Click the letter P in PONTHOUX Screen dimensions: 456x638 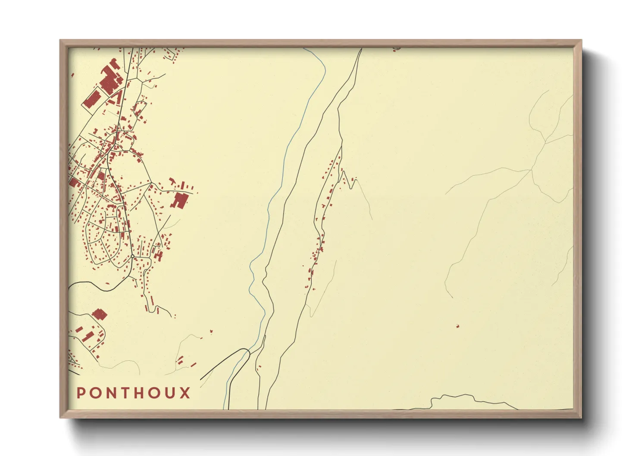[x=81, y=393]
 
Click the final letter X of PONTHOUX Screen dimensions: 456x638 [x=185, y=393]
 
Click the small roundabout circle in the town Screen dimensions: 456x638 [x=133, y=257]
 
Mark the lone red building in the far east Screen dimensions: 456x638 [x=457, y=326]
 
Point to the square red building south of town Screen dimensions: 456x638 [x=100, y=314]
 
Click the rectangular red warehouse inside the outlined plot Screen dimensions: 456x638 [x=92, y=100]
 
